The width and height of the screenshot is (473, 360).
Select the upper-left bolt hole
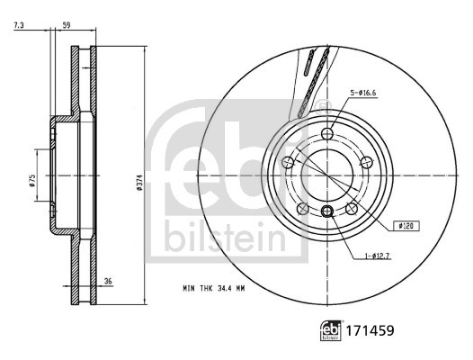(288, 162)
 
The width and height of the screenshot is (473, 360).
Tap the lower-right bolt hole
(352, 210)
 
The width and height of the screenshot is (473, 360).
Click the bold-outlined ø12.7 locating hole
(326, 211)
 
